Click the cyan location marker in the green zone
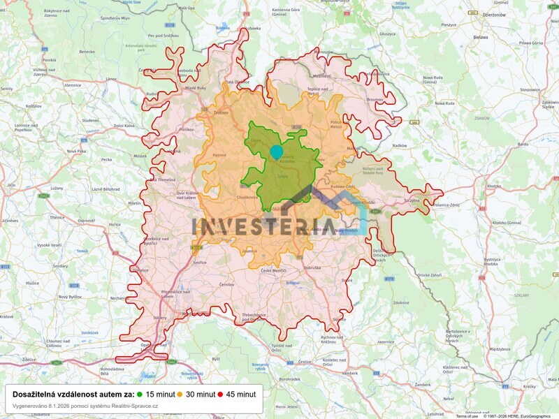(x=276, y=152)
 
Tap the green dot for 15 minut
(x=140, y=394)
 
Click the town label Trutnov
(x=221, y=112)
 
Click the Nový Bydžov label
(x=71, y=297)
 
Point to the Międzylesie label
(x=500, y=348)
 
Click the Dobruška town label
(x=313, y=268)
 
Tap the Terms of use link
(x=467, y=416)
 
